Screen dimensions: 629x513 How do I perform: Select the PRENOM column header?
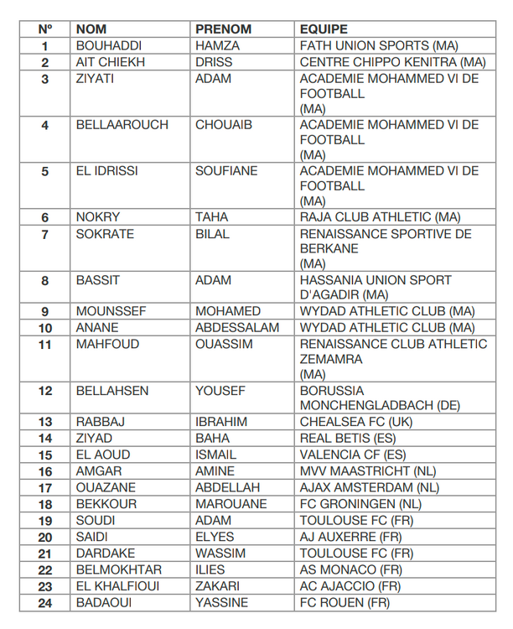tap(223, 29)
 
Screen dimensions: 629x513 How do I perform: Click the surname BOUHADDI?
tap(109, 46)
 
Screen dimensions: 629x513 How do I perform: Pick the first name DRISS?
tap(214, 62)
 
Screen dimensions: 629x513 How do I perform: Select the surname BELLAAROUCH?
tap(122, 125)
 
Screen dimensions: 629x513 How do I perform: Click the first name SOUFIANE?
tap(226, 171)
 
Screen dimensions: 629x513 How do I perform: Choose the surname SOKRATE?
tap(105, 234)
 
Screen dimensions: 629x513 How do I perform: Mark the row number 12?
tap(45, 391)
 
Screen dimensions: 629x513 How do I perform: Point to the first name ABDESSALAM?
tap(237, 328)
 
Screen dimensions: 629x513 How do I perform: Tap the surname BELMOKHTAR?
tap(119, 569)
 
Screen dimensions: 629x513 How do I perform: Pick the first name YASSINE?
tap(222, 602)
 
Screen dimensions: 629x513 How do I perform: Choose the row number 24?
tap(45, 602)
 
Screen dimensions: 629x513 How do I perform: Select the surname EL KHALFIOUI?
tap(118, 586)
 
